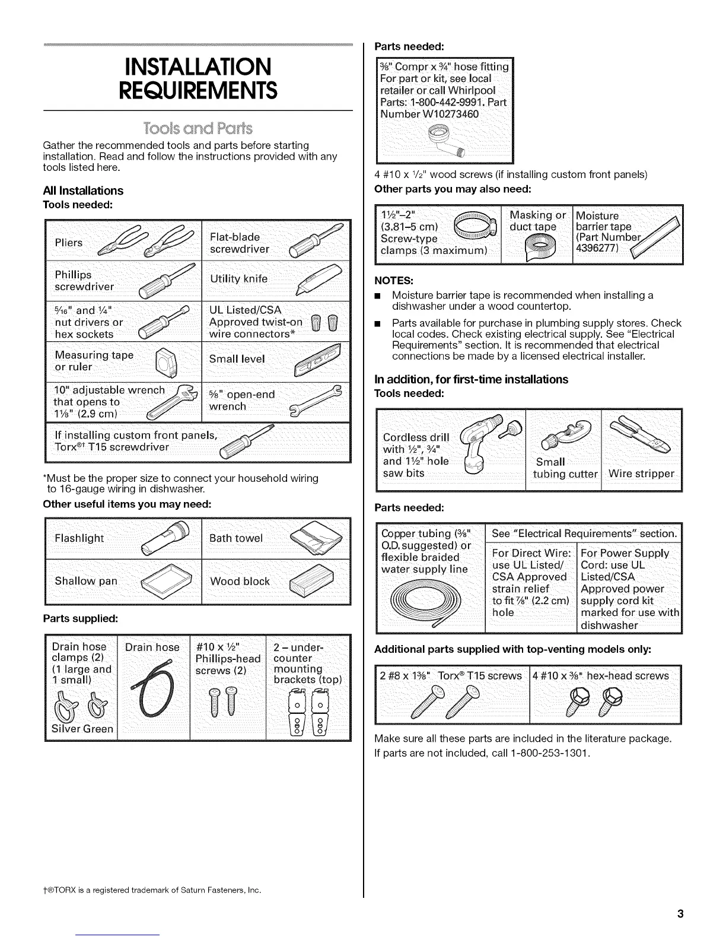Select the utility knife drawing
click(320, 279)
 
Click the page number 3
click(680, 914)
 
